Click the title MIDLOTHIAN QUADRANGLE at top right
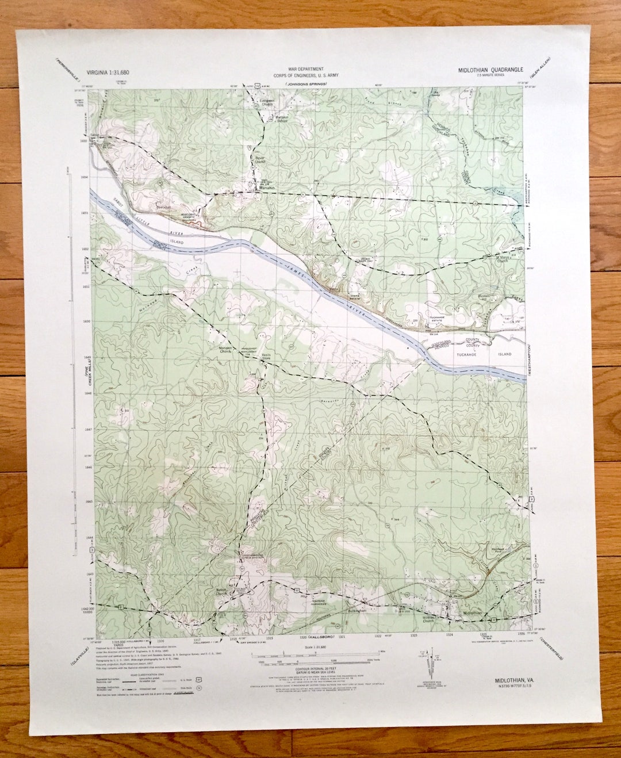pyautogui.click(x=490, y=70)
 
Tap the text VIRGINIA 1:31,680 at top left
pyautogui.click(x=108, y=72)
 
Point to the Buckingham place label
pyautogui.click(x=357, y=611)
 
